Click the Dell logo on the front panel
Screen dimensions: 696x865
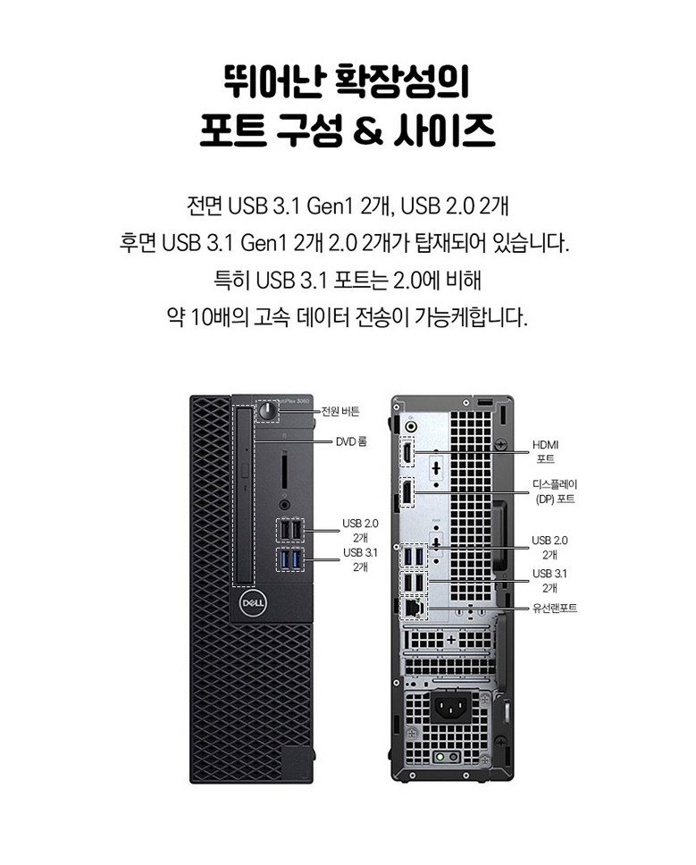pyautogui.click(x=253, y=603)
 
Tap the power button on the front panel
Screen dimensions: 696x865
pyautogui.click(x=269, y=411)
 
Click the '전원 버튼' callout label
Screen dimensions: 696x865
pyautogui.click(x=340, y=411)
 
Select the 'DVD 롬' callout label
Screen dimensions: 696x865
pyautogui.click(x=351, y=441)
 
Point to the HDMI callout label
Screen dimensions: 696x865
pyautogui.click(x=545, y=451)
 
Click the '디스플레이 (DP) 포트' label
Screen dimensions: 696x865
pyautogui.click(x=555, y=491)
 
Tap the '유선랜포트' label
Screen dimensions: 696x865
pyautogui.click(x=555, y=608)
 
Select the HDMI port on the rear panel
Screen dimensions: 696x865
pyautogui.click(x=407, y=452)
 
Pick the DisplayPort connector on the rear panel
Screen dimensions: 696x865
pyautogui.click(x=407, y=492)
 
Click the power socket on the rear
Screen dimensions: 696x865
pyautogui.click(x=451, y=706)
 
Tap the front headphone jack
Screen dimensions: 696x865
pyautogui.click(x=284, y=504)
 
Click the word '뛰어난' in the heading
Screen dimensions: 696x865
pyautogui.click(x=274, y=81)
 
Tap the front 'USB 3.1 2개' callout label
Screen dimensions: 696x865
pyautogui.click(x=361, y=559)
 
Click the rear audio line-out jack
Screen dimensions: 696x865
pyautogui.click(x=410, y=426)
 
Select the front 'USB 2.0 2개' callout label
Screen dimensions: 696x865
pyautogui.click(x=361, y=530)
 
